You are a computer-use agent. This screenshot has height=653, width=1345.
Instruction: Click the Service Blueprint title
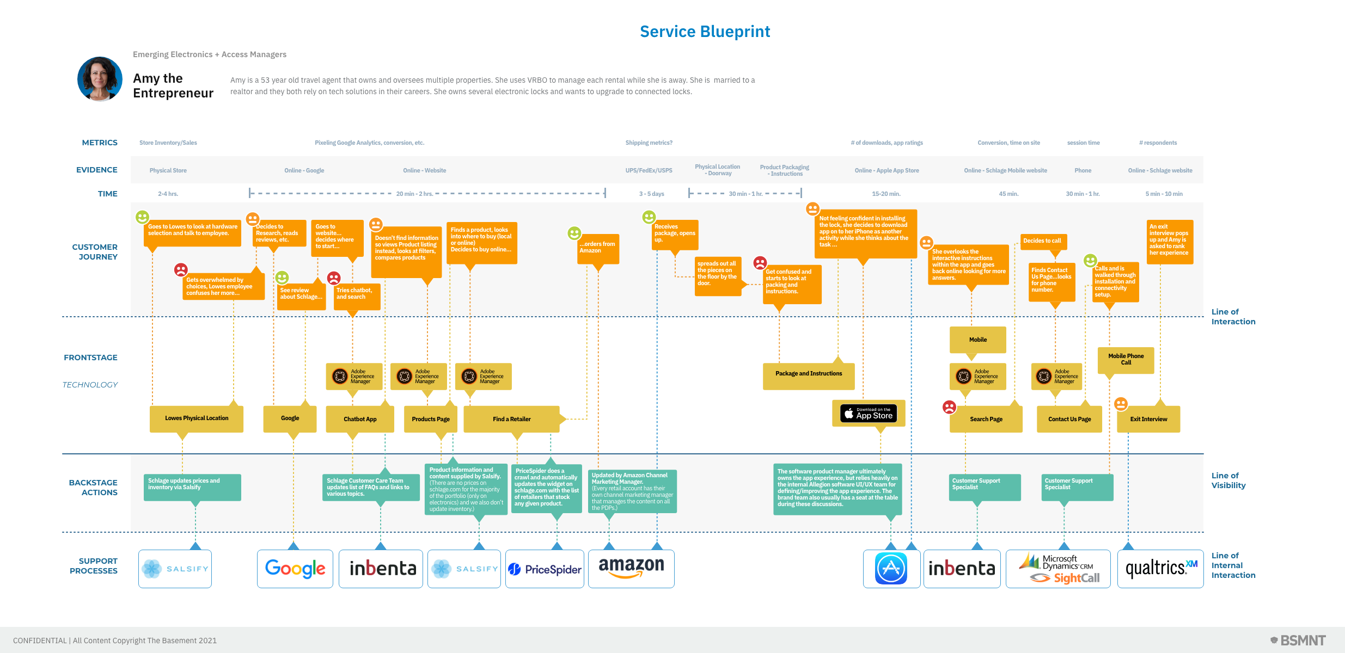click(x=705, y=32)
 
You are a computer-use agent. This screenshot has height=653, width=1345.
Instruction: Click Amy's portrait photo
click(x=100, y=79)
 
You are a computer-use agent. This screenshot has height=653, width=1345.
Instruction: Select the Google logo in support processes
click(x=295, y=569)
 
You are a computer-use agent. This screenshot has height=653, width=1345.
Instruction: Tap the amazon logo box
click(x=631, y=569)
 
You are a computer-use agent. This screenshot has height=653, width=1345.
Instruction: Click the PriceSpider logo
click(x=545, y=569)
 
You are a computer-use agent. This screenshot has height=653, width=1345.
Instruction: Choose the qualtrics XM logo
click(x=1160, y=569)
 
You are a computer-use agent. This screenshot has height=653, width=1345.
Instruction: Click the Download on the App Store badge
click(x=869, y=414)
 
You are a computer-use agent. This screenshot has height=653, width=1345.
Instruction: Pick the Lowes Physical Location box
click(x=197, y=418)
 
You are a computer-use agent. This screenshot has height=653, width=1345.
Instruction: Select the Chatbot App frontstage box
click(x=360, y=419)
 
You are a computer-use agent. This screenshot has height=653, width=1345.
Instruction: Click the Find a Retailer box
click(x=511, y=419)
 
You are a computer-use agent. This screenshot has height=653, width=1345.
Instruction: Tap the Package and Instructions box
click(x=809, y=374)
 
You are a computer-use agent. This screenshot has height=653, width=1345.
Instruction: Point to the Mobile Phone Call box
click(x=1126, y=360)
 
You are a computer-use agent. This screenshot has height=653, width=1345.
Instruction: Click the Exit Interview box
click(x=1148, y=419)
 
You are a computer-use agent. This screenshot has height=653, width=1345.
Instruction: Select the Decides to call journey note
click(x=1042, y=241)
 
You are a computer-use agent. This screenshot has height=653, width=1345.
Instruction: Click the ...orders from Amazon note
click(x=598, y=248)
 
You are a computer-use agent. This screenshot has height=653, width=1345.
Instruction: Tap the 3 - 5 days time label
click(x=651, y=194)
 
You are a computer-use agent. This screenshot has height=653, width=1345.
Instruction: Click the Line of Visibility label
click(x=1228, y=480)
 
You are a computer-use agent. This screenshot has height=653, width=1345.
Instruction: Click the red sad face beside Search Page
click(x=949, y=407)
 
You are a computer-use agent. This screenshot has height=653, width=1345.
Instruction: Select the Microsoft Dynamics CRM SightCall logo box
click(x=1058, y=569)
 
